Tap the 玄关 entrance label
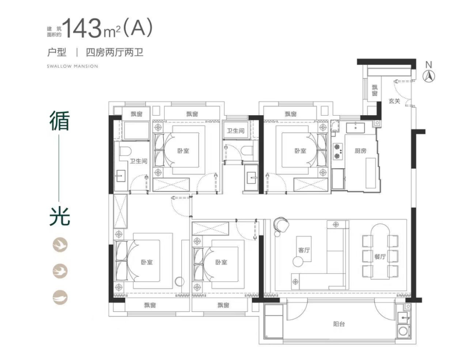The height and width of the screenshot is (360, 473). (x=394, y=102)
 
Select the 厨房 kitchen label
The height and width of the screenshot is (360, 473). (x=360, y=151)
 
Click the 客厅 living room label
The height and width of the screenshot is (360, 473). (x=304, y=250)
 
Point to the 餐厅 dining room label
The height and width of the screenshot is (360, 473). (x=380, y=257)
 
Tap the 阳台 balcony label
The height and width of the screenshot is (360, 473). (x=339, y=324)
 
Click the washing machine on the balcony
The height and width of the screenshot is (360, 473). (x=403, y=331)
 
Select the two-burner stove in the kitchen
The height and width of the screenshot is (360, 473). (x=338, y=152)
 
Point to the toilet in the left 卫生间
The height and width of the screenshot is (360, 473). (x=125, y=151)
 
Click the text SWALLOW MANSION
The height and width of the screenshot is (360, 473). (x=72, y=66)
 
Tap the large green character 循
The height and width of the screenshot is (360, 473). (x=60, y=121)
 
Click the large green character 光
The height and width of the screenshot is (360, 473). (x=60, y=215)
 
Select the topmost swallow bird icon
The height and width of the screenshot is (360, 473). (x=60, y=245)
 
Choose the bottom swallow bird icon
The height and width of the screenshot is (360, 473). (x=60, y=297)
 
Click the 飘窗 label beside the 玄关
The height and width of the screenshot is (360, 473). (x=374, y=90)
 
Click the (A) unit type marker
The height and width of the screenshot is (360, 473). (x=137, y=28)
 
